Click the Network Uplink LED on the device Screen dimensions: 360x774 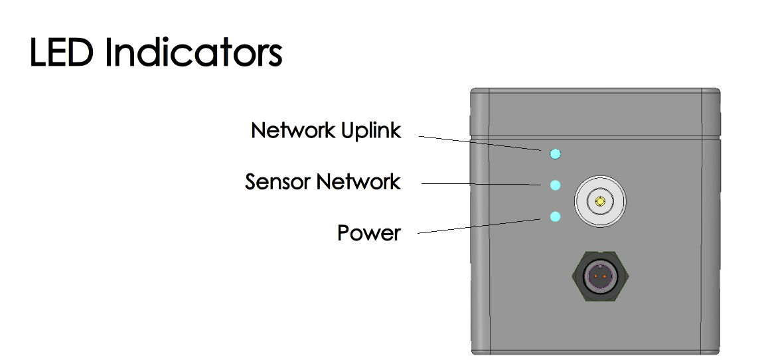click(556, 154)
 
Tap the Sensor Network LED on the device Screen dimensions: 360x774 click(556, 185)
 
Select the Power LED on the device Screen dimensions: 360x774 click(556, 217)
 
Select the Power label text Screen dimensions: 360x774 click(369, 233)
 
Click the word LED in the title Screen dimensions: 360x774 click(63, 52)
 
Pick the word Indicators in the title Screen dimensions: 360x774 click(193, 52)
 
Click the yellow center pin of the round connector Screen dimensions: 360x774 click(601, 201)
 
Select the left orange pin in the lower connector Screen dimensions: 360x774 click(595, 276)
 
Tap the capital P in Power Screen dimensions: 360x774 click(345, 233)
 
